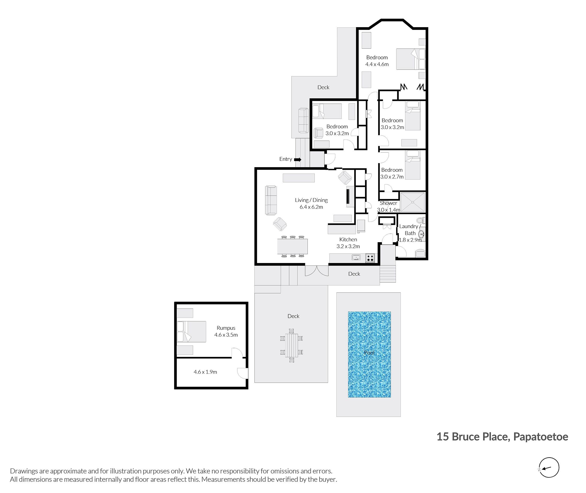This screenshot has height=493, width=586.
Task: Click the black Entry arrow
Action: pyautogui.click(x=298, y=159)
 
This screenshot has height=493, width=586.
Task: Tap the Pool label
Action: pyautogui.click(x=369, y=353)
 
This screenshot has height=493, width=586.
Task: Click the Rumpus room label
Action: pyautogui.click(x=226, y=328)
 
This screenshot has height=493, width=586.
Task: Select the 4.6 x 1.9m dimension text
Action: pyautogui.click(x=205, y=372)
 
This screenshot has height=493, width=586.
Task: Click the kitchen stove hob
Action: pyautogui.click(x=370, y=258)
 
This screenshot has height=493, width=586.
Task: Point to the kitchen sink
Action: pyautogui.click(x=356, y=257)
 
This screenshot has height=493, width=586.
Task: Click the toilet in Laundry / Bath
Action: pyautogui.click(x=421, y=221)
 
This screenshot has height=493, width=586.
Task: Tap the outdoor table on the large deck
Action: pyautogui.click(x=291, y=345)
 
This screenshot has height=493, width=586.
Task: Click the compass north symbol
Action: pyautogui.click(x=548, y=467)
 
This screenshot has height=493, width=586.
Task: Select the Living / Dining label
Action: pyautogui.click(x=311, y=200)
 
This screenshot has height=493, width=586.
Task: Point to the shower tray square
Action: pyautogui.click(x=412, y=202)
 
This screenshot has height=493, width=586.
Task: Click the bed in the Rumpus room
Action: pyautogui.click(x=192, y=331)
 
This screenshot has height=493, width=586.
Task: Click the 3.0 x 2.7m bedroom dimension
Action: pyautogui.click(x=392, y=177)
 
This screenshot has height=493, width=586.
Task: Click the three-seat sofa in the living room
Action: pyautogui.click(x=271, y=200)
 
